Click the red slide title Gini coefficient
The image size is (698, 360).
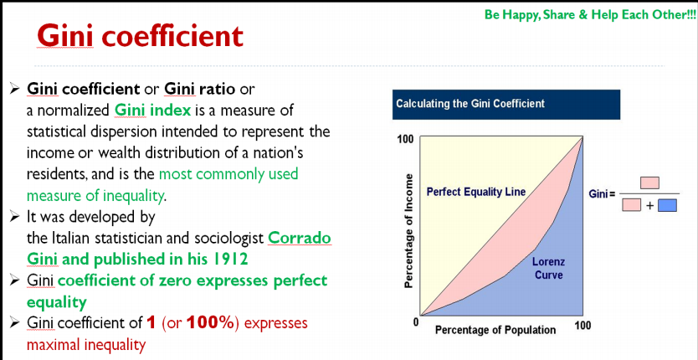click(x=141, y=35)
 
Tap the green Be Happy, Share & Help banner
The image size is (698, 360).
click(x=590, y=15)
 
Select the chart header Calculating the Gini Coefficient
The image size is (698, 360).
click(x=470, y=104)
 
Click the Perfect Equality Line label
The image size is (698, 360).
click(x=476, y=192)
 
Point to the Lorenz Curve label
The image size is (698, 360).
click(x=548, y=268)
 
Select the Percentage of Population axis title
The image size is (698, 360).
click(x=495, y=330)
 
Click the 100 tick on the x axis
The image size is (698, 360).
click(x=583, y=327)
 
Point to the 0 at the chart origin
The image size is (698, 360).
click(x=416, y=321)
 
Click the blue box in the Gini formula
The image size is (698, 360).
click(x=667, y=205)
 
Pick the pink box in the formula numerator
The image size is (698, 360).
click(x=649, y=183)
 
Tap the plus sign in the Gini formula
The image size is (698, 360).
click(x=649, y=206)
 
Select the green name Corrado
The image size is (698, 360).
click(x=300, y=239)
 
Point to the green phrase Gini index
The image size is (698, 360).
click(x=152, y=110)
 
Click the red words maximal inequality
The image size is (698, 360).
click(x=86, y=344)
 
